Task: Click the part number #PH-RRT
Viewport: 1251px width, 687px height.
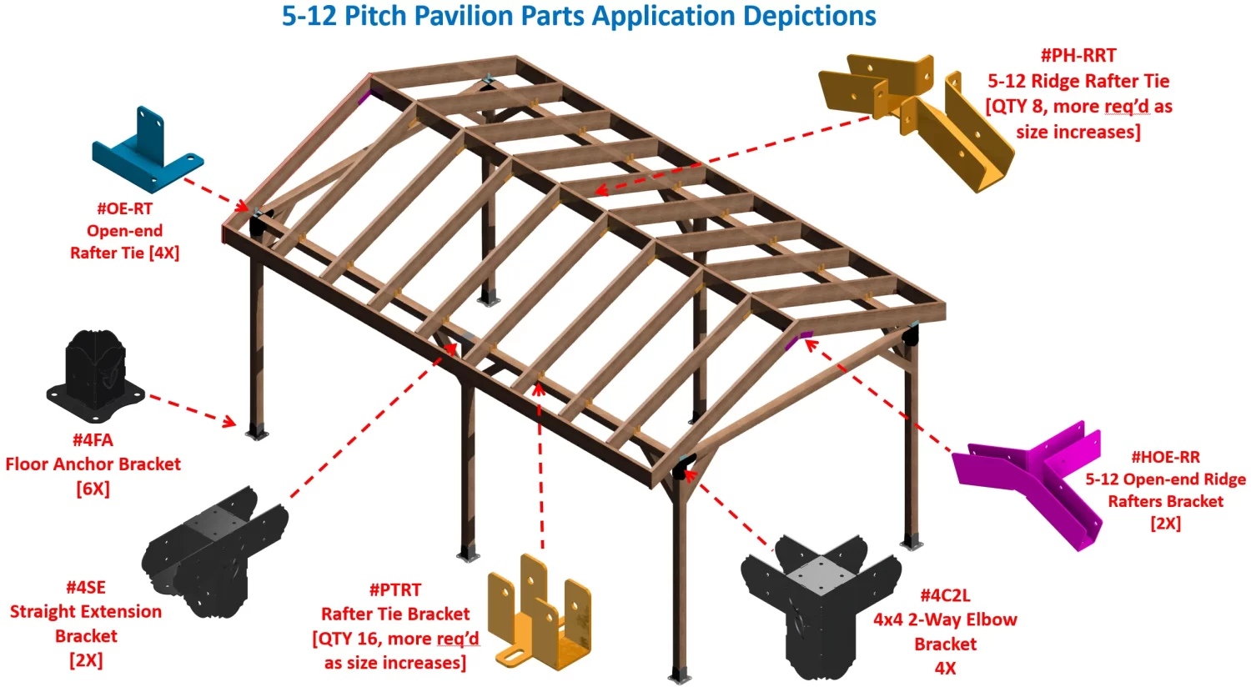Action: [x=1078, y=55]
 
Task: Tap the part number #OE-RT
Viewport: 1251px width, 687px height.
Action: [x=124, y=208]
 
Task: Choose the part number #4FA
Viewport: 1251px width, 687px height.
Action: [x=93, y=439]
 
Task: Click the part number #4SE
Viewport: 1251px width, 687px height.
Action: [x=85, y=587]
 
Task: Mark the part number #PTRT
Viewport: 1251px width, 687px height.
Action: [x=394, y=589]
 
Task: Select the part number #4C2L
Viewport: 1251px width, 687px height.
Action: [x=944, y=595]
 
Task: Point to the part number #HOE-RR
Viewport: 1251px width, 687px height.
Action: [x=1164, y=457]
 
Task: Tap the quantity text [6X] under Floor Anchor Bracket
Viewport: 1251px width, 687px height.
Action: [x=93, y=489]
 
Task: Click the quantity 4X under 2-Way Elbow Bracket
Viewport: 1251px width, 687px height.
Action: [x=944, y=668]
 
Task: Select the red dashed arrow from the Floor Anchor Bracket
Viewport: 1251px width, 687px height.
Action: [x=192, y=410]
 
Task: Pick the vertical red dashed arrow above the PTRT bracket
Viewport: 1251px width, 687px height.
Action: [x=540, y=467]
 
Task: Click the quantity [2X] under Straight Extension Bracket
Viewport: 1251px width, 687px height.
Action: [x=85, y=660]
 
